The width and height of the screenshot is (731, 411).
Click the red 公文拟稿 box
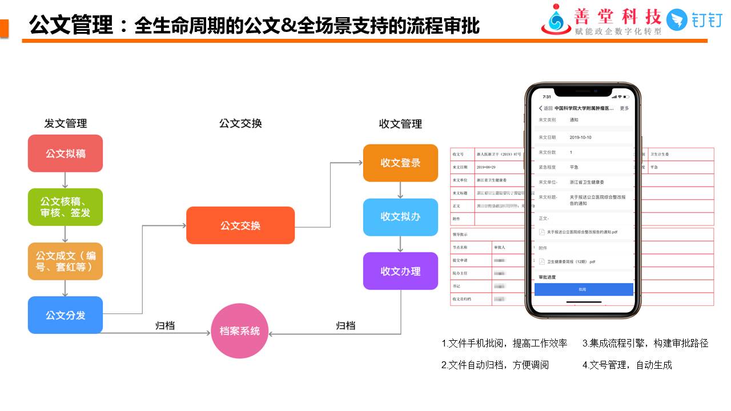(65, 154)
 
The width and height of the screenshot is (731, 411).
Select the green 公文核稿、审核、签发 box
(65, 207)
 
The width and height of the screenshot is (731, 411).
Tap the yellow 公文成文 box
(65, 261)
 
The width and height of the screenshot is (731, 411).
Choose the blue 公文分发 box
(65, 315)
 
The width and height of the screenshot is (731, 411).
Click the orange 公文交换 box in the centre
(240, 225)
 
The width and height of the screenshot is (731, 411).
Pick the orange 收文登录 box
(400, 163)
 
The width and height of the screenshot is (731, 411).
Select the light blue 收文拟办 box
(400, 217)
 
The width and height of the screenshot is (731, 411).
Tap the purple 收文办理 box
(400, 271)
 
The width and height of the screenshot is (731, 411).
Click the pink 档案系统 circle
(240, 331)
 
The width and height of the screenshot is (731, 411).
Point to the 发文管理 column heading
(66, 123)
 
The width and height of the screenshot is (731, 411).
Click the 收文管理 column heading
(400, 124)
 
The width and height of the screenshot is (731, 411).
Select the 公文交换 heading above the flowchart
(240, 123)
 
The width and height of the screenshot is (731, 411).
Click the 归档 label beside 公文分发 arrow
(165, 326)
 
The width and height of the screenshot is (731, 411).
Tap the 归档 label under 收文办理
(346, 325)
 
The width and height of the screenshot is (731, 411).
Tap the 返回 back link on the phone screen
(545, 108)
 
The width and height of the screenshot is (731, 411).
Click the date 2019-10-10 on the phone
(581, 138)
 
